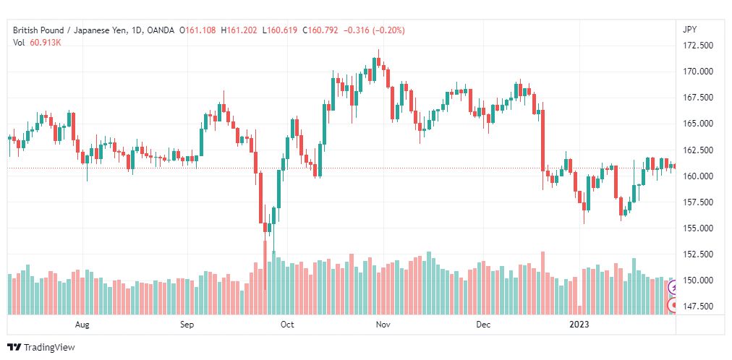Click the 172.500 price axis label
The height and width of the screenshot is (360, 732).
click(698, 46)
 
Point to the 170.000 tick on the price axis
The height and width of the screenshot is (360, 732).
click(698, 72)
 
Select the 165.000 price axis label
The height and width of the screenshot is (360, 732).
click(698, 124)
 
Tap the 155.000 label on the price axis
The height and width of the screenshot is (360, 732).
click(698, 228)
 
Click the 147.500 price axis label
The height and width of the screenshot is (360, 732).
click(698, 307)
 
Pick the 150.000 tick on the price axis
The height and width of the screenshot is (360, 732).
click(698, 280)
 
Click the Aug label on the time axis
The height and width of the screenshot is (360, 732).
click(82, 325)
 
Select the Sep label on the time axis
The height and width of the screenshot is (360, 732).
click(187, 325)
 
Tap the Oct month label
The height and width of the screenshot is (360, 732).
click(288, 325)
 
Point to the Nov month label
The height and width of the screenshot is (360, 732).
click(383, 325)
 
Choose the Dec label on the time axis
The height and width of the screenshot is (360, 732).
click(484, 325)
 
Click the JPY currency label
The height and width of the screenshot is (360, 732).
click(689, 30)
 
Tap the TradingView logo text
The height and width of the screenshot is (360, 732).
click(49, 348)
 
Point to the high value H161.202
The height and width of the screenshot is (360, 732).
click(239, 31)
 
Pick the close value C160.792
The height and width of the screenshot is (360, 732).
click(320, 31)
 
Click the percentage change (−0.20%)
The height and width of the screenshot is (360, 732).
click(388, 31)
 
